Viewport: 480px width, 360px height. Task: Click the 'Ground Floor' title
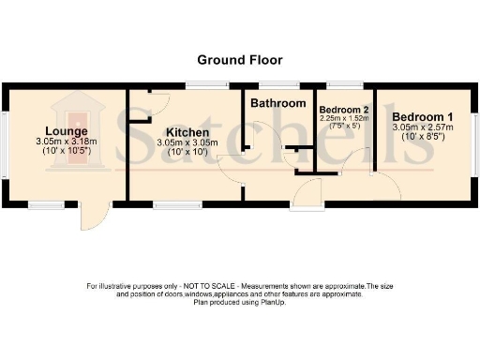pyautogui.click(x=240, y=59)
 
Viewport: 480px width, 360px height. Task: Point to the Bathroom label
pyautogui.click(x=277, y=103)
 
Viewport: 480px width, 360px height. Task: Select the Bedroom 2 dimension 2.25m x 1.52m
pyautogui.click(x=346, y=119)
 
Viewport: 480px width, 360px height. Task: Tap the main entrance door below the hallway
pyautogui.click(x=306, y=194)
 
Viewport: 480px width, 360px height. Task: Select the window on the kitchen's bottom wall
pyautogui.click(x=172, y=204)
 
